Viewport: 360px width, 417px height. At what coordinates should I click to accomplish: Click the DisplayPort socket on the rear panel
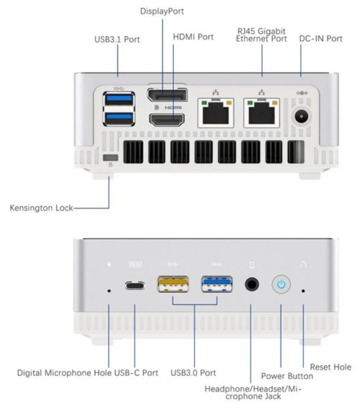point(167,95)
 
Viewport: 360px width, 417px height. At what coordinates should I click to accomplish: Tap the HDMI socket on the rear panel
point(167,120)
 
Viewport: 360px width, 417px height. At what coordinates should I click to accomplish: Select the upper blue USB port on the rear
point(119,99)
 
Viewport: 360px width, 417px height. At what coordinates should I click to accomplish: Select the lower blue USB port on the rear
point(119,118)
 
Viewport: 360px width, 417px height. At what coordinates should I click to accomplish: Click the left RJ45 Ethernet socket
point(216,113)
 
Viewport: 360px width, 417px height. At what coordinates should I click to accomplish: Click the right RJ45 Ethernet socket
point(262,113)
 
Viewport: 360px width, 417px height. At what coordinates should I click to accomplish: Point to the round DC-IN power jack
point(301,116)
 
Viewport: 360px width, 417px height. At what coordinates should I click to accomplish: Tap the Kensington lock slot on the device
point(111,157)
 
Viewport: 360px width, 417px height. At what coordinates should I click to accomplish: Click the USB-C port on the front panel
point(135,286)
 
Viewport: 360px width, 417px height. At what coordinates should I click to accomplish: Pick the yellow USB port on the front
point(173,284)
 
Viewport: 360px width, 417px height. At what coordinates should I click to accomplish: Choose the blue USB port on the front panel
point(217,284)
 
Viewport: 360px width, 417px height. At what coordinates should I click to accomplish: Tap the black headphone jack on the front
point(251,284)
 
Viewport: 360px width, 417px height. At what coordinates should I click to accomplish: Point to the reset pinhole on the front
point(303,291)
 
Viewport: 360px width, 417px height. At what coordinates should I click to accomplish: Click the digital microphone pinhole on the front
point(109,291)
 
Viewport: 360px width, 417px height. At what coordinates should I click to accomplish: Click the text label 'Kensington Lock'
point(41,208)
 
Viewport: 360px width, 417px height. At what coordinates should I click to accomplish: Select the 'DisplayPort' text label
point(162,12)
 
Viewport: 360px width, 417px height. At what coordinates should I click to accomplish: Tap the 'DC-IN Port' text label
point(320,39)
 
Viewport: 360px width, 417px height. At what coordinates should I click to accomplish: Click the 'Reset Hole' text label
point(331,367)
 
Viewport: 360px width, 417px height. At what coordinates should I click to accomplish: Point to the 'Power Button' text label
point(287,376)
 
